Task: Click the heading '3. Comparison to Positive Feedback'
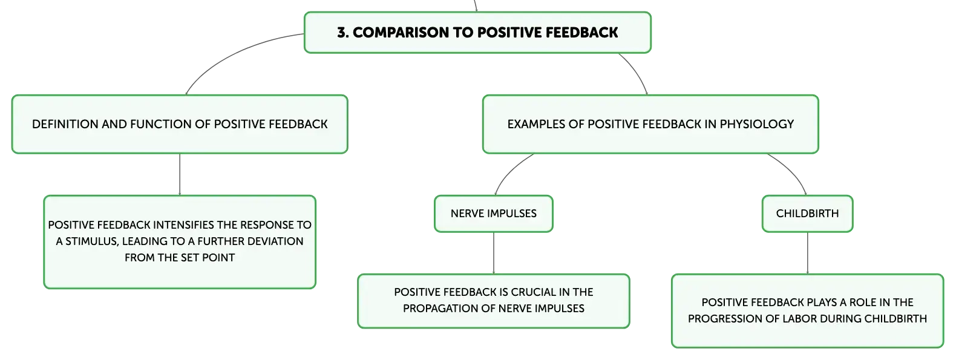477,33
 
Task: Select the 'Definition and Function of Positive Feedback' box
180,124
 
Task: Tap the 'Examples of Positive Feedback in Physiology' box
650,124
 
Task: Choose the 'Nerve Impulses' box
493,214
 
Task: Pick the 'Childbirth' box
808,214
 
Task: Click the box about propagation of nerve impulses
493,301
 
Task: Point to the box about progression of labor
808,310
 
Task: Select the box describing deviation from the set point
180,242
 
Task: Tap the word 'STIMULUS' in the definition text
92,241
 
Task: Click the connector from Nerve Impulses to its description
494,253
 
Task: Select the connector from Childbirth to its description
808,253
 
